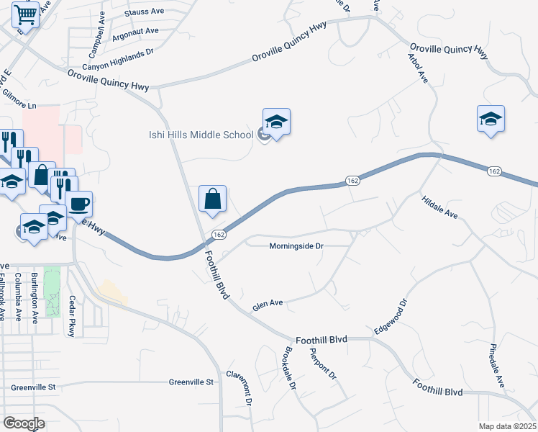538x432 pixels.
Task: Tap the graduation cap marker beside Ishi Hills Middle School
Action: point(275,122)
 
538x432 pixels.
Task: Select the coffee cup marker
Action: point(78,204)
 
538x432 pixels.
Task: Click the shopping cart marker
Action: point(26,14)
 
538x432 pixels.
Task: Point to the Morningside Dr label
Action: point(296,246)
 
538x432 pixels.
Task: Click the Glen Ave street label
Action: point(268,305)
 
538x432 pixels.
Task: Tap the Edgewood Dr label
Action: point(391,317)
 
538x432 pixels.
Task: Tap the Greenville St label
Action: point(192,382)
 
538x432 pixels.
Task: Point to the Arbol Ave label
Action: point(418,68)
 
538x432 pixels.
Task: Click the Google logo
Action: point(24,424)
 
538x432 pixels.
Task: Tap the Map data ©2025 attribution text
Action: point(508,426)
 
